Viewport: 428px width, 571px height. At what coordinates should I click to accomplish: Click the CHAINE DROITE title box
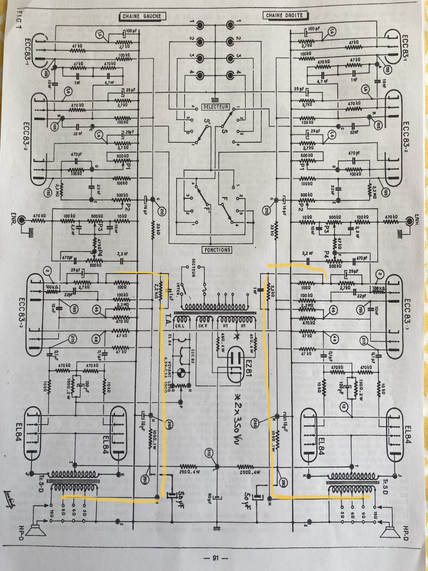[x=284, y=15]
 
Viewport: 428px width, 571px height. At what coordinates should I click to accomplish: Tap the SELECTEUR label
[x=216, y=107]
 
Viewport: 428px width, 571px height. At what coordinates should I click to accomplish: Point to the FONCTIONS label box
[x=216, y=250]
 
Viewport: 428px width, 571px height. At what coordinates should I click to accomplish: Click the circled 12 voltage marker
[x=344, y=407]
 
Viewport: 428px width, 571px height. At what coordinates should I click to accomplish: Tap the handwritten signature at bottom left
[x=9, y=494]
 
